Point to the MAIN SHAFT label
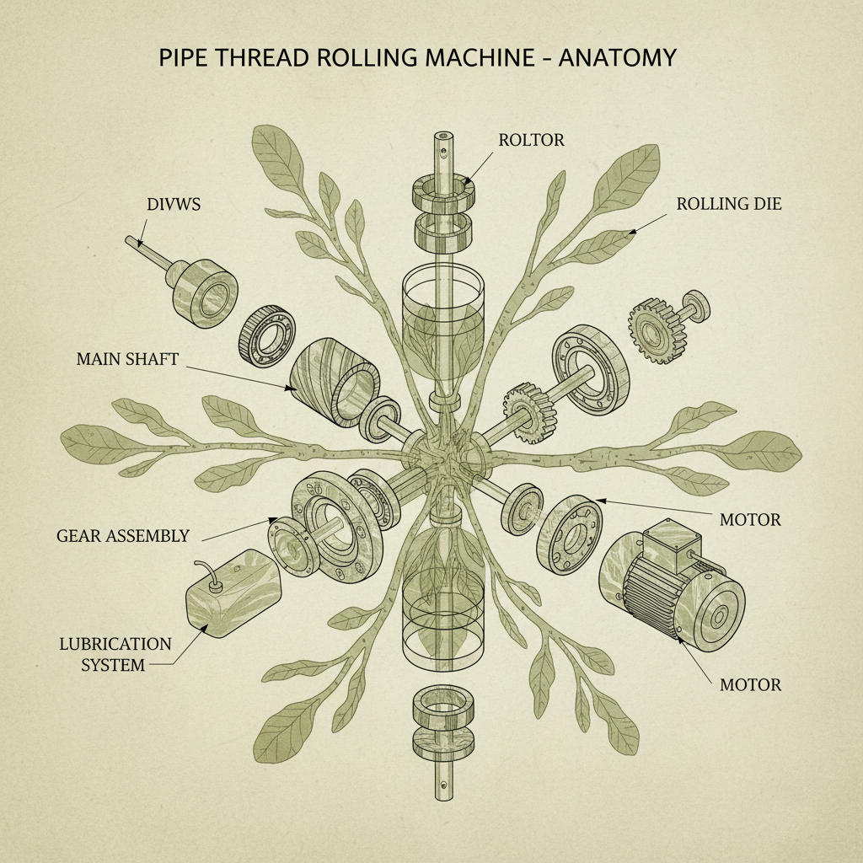click(127, 358)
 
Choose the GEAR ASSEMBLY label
click(123, 535)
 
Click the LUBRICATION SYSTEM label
click(115, 654)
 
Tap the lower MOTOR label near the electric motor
click(750, 684)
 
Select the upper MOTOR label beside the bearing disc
click(750, 520)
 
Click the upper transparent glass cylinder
click(438, 316)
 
